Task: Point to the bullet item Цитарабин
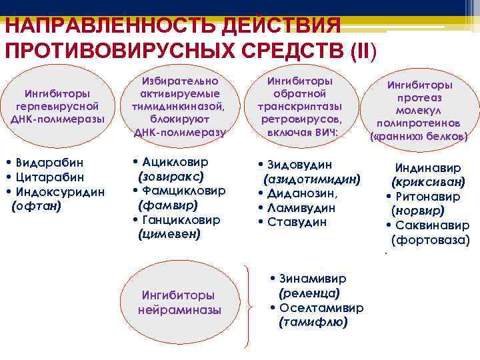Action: pyautogui.click(x=45, y=178)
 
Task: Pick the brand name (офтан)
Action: pyautogui.click(x=37, y=206)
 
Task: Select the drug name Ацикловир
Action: pyautogui.click(x=175, y=163)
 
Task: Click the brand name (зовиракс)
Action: pyautogui.click(x=170, y=177)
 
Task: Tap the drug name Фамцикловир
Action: pyautogui.click(x=183, y=191)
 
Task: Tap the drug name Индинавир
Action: pyautogui.click(x=426, y=168)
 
